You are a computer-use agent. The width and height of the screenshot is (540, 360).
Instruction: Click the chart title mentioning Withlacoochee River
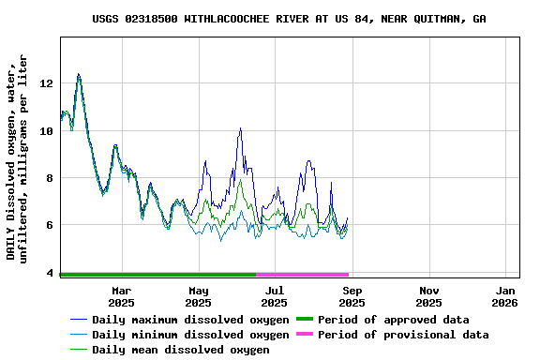[x=289, y=19]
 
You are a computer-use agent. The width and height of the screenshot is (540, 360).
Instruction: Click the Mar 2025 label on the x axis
[x=121, y=296]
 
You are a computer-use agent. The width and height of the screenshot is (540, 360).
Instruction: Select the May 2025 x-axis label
[x=198, y=296]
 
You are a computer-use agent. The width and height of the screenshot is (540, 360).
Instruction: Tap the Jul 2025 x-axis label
[x=274, y=296]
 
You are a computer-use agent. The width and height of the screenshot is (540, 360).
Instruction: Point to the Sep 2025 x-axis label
[x=352, y=296]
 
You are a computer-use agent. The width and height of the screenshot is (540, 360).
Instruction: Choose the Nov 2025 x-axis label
[x=428, y=296]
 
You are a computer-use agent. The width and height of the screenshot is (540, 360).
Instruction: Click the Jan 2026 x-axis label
[x=505, y=296]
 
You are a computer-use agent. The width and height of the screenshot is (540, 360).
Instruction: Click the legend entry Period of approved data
[x=393, y=320]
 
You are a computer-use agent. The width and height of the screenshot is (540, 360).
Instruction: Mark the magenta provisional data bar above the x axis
[x=302, y=275]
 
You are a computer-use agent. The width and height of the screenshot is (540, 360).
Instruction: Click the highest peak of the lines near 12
[x=79, y=74]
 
